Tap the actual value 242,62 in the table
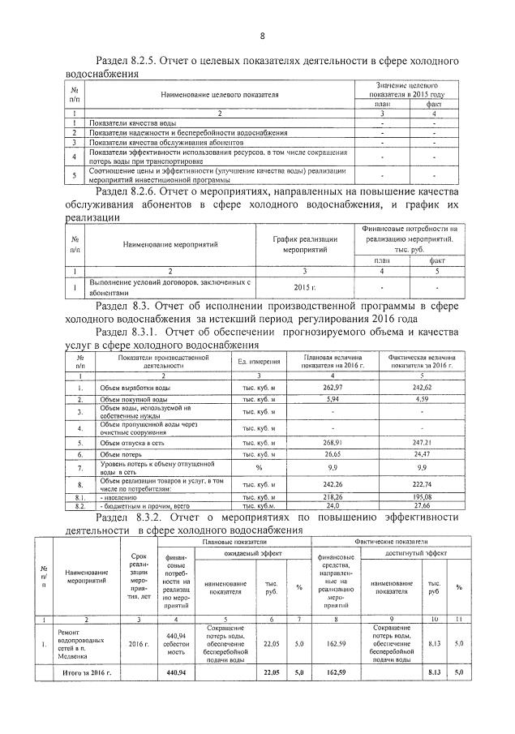point(421,388)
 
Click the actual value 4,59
point(421,400)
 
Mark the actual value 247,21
point(421,443)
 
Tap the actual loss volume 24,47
point(421,455)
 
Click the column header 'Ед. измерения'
point(260,361)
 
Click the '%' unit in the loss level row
point(260,468)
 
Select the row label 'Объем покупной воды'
point(134,400)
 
